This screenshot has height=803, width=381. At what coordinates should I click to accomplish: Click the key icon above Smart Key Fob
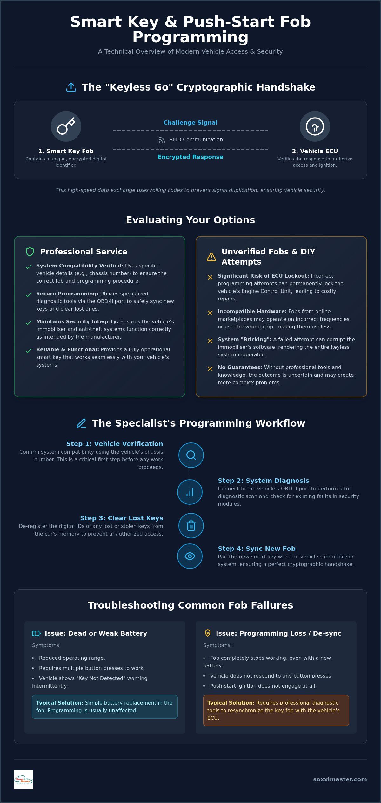pos(66,126)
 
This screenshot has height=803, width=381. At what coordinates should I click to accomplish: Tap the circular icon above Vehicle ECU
pos(315,126)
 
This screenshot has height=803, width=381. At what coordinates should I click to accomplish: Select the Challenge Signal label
pos(190,123)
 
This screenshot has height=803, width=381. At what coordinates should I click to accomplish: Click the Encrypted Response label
pos(190,157)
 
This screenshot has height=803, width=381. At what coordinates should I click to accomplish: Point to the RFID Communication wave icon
pos(162,140)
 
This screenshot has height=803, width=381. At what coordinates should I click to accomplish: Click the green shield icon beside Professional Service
pos(30,252)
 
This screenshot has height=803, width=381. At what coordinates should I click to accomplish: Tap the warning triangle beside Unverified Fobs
pos(211,257)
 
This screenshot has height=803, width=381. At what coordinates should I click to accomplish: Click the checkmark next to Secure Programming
pos(29,295)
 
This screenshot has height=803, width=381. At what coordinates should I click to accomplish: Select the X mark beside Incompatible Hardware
pos(210,313)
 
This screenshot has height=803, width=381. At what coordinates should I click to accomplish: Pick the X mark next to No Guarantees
pos(210,369)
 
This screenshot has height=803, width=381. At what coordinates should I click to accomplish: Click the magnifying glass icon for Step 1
pos(191,455)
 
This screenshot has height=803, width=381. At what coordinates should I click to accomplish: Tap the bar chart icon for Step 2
pos(190,492)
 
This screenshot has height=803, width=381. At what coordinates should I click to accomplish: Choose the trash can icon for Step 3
pos(191,526)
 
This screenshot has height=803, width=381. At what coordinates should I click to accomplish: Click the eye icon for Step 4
pos(190,556)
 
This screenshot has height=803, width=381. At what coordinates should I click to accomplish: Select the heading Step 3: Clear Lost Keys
pos(122,518)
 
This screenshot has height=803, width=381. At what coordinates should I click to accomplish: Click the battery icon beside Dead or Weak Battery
pos(37,633)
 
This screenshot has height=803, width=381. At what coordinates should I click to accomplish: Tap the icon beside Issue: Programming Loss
pos(208,633)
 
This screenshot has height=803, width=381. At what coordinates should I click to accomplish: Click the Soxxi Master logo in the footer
pos(23,779)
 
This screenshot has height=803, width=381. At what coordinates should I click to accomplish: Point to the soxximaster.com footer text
pos(340,779)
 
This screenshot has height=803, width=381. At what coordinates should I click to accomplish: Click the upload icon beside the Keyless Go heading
pos(71,87)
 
